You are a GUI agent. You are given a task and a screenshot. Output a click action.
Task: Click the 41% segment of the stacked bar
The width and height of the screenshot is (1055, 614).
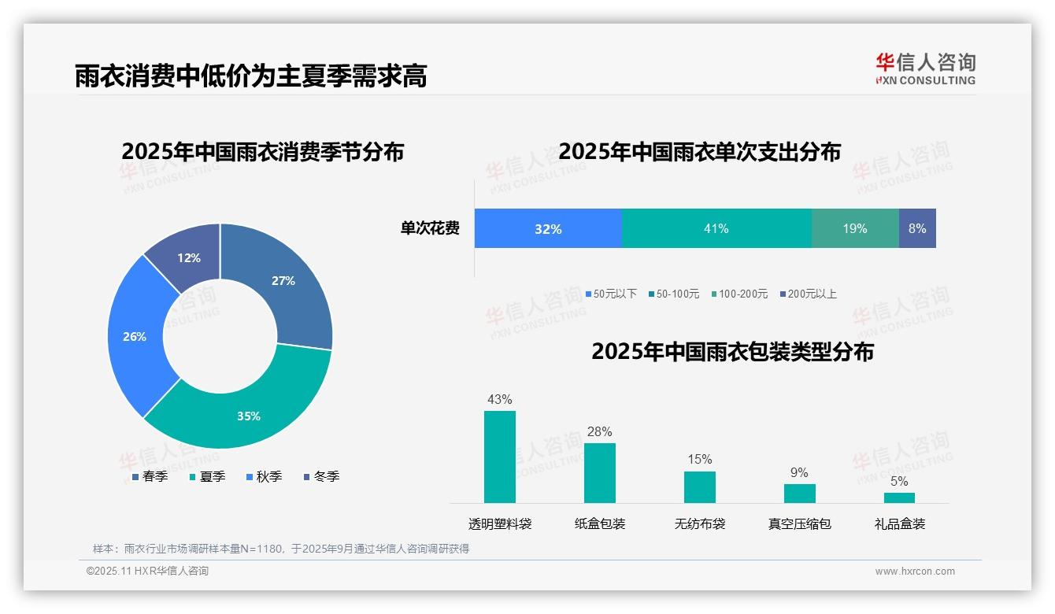point(716,228)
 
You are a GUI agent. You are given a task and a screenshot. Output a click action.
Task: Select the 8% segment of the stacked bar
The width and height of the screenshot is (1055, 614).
point(917,228)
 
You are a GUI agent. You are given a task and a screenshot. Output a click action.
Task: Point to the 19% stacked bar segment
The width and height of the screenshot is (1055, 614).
point(855,228)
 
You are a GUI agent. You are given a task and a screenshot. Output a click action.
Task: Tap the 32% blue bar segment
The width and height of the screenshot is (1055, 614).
point(548,228)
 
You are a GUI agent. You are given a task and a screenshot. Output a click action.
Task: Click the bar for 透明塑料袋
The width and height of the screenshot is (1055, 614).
point(500,457)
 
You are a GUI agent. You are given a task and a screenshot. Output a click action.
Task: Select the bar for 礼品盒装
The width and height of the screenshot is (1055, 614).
point(899,497)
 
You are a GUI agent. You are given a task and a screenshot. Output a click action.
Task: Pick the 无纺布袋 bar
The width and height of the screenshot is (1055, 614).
point(700,486)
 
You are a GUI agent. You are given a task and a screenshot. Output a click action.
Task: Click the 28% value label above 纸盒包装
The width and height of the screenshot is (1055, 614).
point(599,431)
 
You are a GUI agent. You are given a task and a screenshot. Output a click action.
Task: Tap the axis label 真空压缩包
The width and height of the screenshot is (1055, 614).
point(799,523)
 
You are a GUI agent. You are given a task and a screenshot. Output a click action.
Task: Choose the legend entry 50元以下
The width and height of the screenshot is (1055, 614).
point(611,294)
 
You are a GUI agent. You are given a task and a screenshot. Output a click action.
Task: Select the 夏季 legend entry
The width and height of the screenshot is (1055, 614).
point(208,476)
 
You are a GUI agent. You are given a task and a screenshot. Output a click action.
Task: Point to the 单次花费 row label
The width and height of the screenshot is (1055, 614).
point(430,228)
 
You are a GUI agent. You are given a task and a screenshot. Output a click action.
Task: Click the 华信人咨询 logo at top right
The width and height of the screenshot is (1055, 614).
point(925,68)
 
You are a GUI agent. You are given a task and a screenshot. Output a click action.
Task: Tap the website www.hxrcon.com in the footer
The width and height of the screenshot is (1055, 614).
point(915,571)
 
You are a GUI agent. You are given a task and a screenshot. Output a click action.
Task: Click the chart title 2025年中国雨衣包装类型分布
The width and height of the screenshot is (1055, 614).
point(732,352)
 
